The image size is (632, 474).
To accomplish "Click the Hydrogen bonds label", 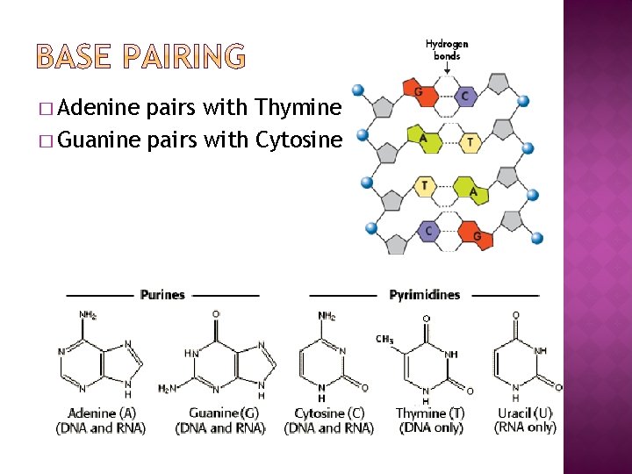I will click(447, 49).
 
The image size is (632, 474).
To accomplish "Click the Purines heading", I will click(162, 294).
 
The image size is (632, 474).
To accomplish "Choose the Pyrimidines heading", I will click(425, 294).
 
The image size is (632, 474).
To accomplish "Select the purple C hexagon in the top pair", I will click(465, 96).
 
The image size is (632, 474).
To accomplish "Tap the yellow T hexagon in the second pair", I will click(471, 141).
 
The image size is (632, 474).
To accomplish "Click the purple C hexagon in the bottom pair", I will click(428, 230).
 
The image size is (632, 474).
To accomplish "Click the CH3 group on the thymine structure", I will click(384, 339).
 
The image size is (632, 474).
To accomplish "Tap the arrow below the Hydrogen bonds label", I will click(447, 68).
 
